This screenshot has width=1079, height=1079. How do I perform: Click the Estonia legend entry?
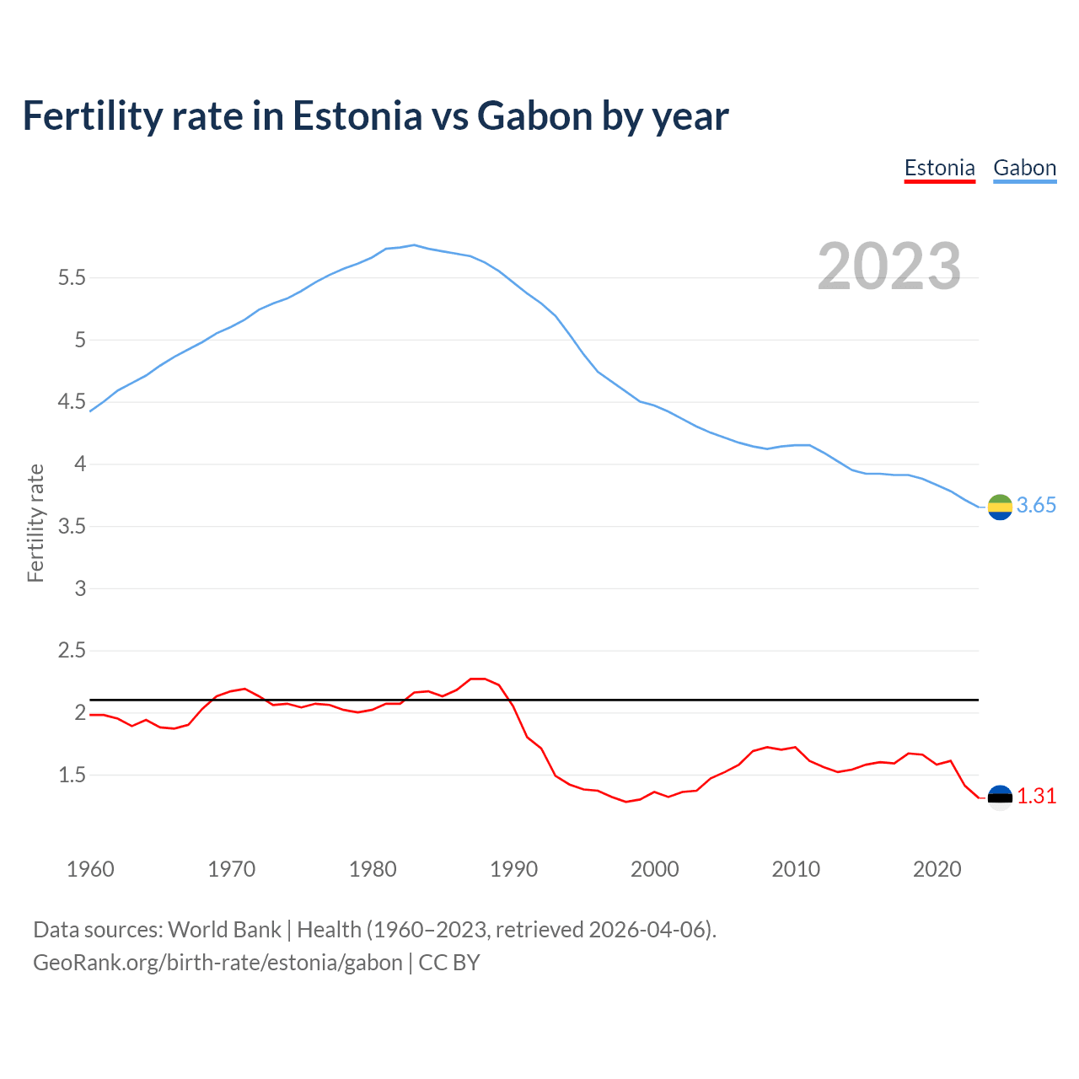point(939,168)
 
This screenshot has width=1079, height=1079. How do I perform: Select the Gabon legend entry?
point(1024,168)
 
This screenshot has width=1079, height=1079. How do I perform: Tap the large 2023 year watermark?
point(889,266)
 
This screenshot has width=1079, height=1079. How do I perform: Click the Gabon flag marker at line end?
point(1000,507)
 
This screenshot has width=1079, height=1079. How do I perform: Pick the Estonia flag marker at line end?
point(1000,797)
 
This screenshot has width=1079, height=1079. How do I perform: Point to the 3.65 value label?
point(1036,506)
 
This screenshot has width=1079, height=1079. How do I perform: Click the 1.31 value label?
point(1036,797)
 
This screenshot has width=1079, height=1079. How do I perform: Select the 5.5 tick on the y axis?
point(72,278)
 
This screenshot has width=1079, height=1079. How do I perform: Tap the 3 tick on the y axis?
point(81,588)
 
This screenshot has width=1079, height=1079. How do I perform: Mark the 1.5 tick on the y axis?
point(72,775)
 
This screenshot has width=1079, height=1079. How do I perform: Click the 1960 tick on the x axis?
point(90,869)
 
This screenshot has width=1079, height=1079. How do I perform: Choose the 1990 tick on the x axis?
point(513,869)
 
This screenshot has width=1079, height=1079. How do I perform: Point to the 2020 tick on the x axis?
point(937,869)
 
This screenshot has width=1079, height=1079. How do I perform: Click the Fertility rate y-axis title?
point(35,523)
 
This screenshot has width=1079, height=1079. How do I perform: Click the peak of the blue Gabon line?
point(414,245)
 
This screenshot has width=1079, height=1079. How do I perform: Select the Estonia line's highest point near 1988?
point(478,679)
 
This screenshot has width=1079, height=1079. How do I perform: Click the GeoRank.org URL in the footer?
point(217,963)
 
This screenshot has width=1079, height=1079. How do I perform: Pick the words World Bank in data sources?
point(224,930)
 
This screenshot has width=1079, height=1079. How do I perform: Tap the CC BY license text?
point(449,963)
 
